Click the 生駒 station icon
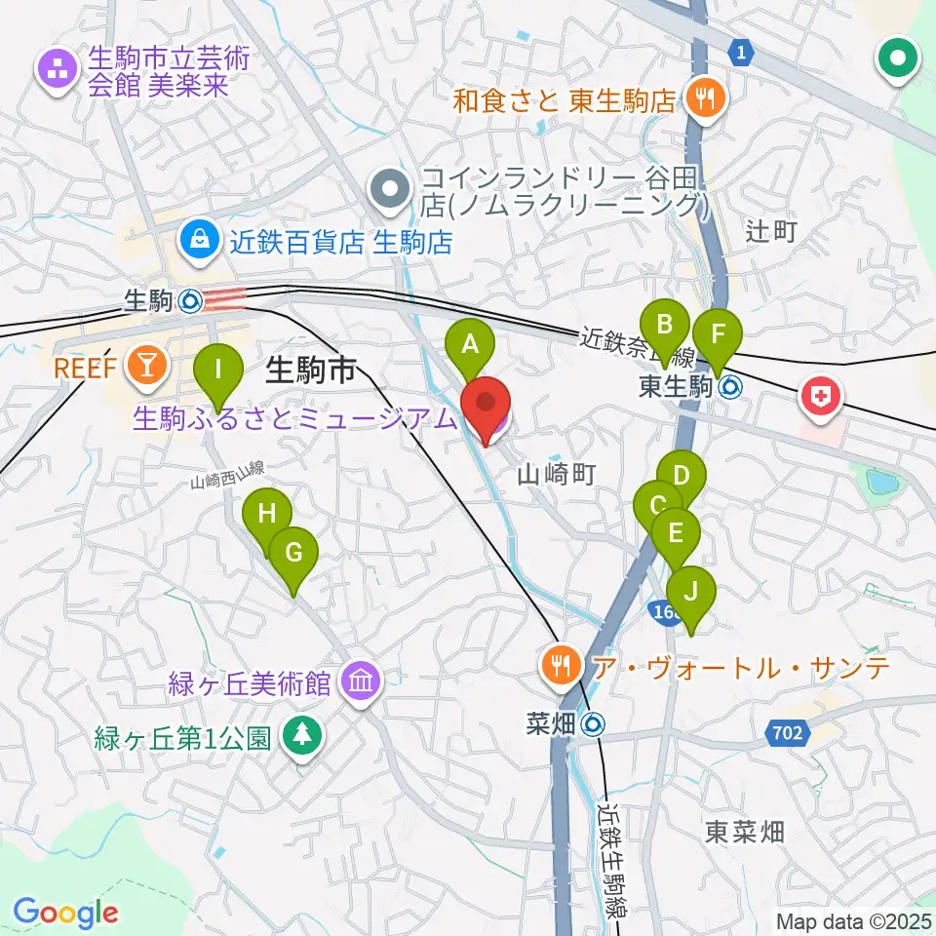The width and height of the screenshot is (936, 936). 190,301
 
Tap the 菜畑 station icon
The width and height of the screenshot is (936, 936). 592,724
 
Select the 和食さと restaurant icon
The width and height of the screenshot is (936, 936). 700,97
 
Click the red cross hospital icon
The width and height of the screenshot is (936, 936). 819,396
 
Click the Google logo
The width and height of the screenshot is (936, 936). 65,912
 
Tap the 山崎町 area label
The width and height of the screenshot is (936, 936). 555,475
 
